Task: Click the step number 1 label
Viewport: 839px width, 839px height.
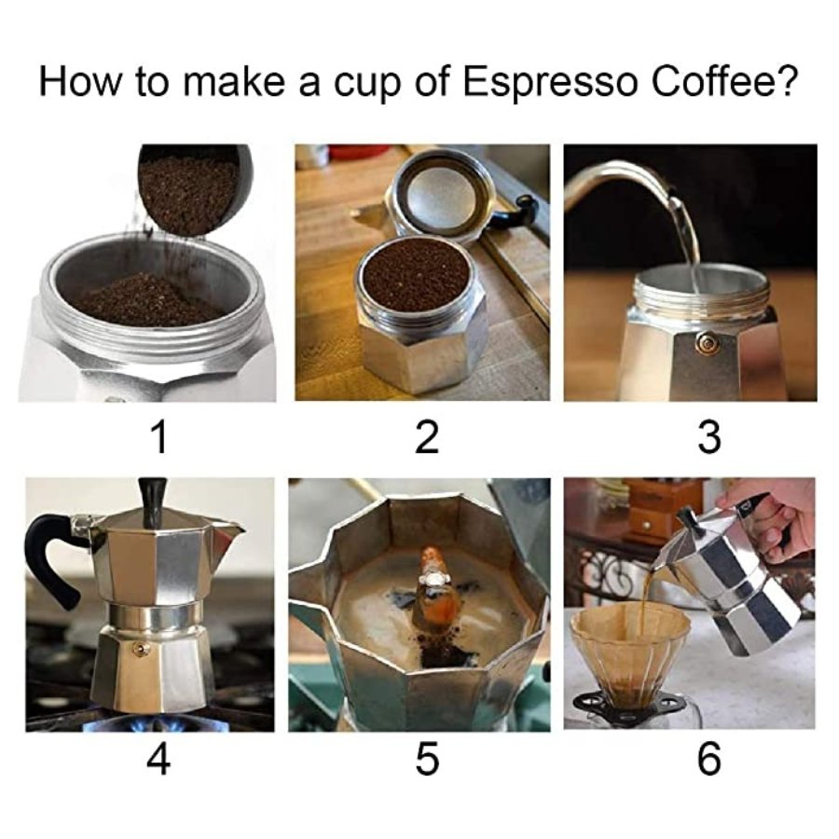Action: click(158, 437)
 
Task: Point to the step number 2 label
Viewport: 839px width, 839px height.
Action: click(426, 437)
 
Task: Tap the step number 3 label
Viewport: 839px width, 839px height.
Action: click(709, 437)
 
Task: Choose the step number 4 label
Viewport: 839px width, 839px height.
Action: click(158, 758)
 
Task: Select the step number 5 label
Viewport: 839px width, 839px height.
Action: click(427, 758)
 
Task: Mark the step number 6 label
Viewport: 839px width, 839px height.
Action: click(709, 758)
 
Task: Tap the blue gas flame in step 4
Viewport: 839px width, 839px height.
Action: click(153, 722)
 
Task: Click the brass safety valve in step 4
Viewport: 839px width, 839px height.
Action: click(140, 649)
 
